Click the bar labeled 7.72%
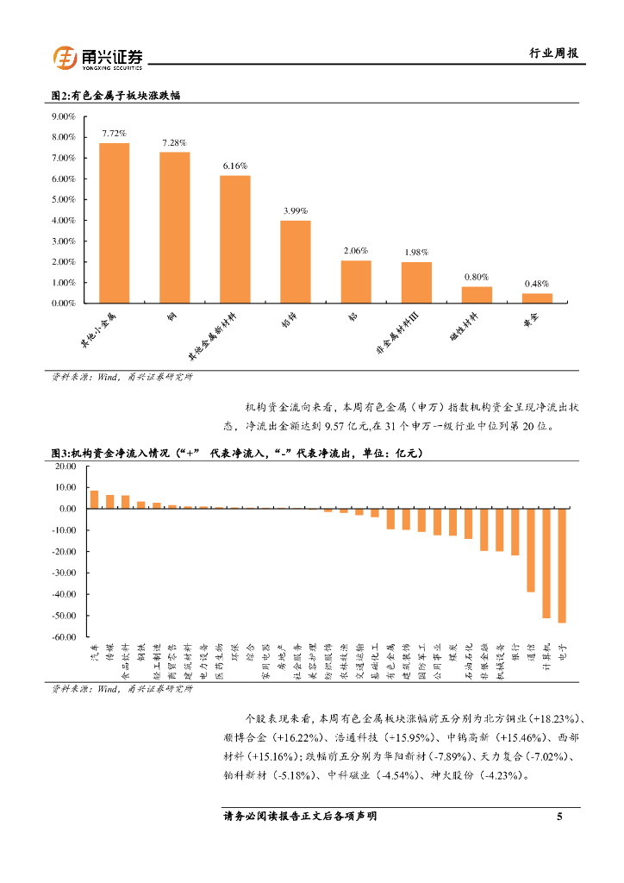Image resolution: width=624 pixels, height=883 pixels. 114,223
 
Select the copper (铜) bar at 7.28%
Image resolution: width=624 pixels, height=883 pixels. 174,228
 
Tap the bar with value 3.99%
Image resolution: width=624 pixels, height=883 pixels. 296,262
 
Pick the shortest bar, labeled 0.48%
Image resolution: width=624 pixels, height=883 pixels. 537,298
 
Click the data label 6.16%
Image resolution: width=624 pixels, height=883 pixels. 235,166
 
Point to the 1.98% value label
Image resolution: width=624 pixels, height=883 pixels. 416,252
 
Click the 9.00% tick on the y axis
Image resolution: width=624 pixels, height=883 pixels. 64,116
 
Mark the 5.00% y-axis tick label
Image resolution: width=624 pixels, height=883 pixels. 64,199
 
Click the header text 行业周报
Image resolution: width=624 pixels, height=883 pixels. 552,53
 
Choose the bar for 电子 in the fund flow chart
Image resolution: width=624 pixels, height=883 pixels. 562,566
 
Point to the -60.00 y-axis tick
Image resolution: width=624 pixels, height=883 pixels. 66,637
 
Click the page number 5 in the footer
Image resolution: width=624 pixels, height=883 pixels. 559,816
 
